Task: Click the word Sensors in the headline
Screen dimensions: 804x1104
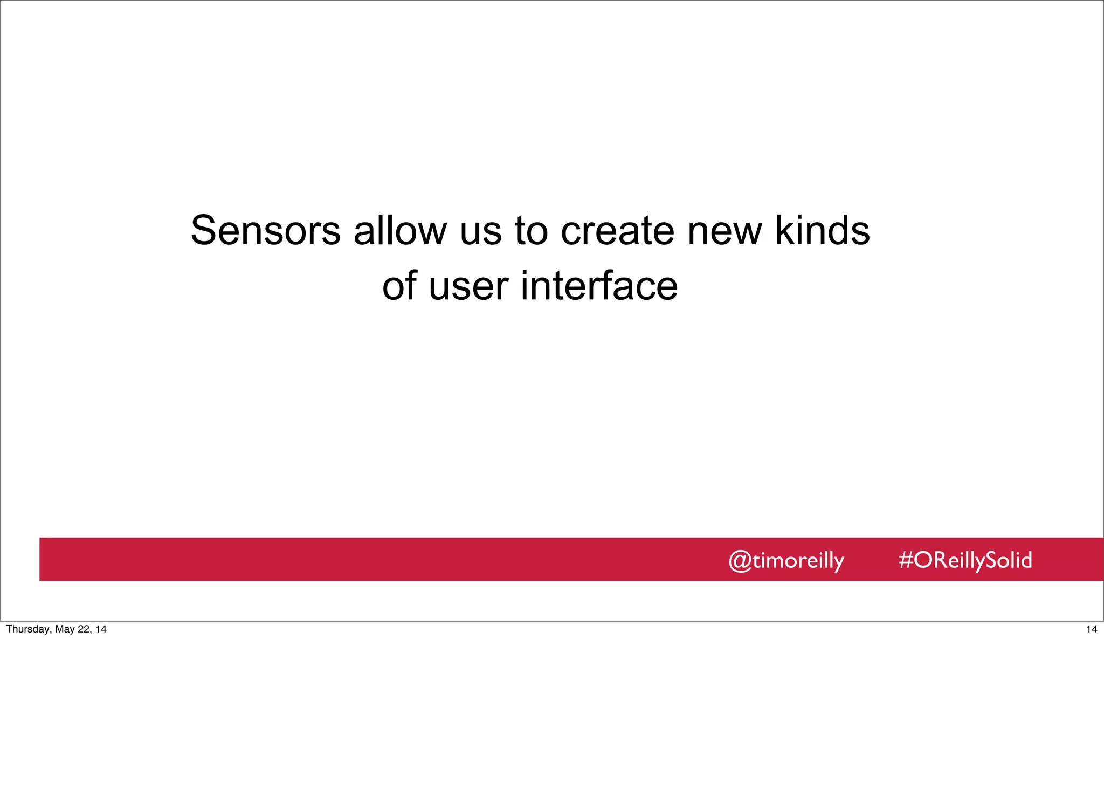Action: [x=265, y=231]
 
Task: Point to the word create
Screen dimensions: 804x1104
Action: [x=617, y=231]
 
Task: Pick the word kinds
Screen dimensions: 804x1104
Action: [x=822, y=231]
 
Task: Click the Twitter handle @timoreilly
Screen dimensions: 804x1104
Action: [x=786, y=560]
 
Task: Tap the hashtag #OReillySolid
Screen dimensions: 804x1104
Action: [x=965, y=560]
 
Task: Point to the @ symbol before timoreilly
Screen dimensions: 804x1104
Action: [x=740, y=561]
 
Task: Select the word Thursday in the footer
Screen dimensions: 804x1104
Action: [x=27, y=629]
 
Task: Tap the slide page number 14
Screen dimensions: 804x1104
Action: [x=1092, y=629]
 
